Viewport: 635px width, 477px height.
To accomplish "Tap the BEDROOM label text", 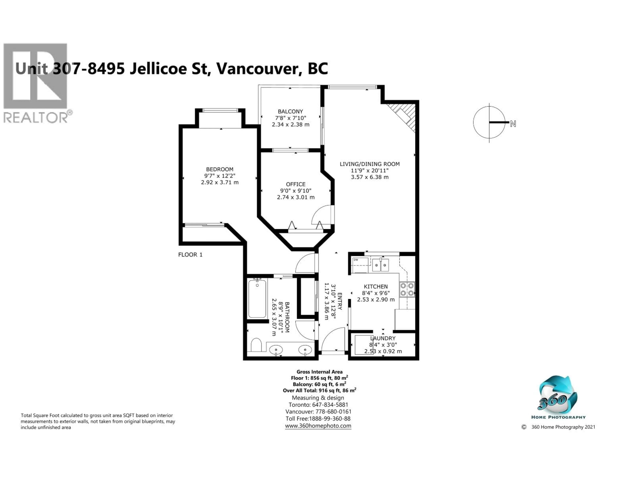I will coord(220,169).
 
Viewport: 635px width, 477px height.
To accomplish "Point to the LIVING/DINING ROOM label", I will coord(369,164).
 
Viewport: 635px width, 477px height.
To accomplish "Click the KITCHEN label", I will coord(376,286).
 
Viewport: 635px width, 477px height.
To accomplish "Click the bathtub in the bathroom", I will coord(257,299).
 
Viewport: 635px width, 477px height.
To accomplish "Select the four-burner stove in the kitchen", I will coord(407,289).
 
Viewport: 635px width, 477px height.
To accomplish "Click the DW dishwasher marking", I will coord(356,260).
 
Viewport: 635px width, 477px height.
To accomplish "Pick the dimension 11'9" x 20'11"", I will coord(369,170).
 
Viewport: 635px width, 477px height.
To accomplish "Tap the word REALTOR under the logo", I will coord(35,118).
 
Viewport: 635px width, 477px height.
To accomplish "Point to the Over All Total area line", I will coord(319,390).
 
